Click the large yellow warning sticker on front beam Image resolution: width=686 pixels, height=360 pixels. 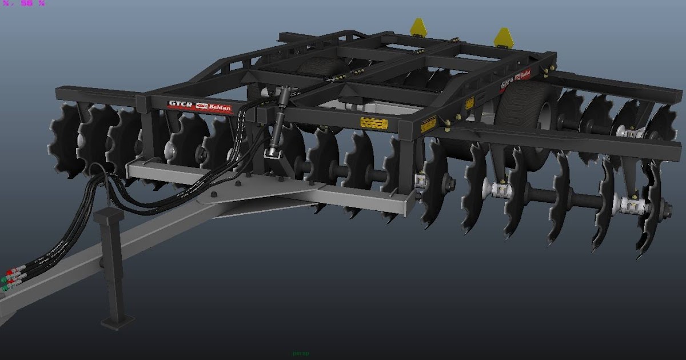tap(374, 123)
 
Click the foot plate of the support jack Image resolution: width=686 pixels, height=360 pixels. tap(118, 321)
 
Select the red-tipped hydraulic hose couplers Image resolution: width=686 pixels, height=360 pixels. tap(13, 277)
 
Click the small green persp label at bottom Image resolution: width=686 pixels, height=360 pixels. tap(301, 354)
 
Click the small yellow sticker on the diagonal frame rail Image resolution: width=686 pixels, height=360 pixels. tap(469, 103)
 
